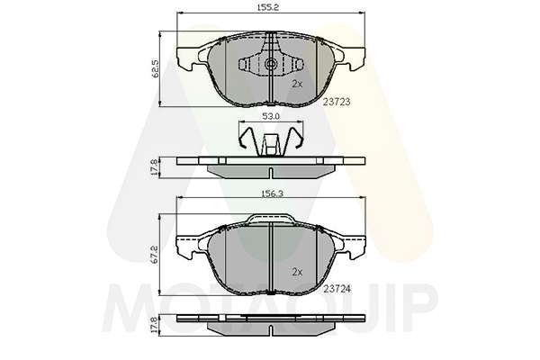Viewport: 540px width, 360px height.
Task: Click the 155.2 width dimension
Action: (268, 7)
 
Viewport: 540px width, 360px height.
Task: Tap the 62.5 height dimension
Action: (155, 68)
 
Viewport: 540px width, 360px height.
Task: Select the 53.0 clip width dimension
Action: (271, 116)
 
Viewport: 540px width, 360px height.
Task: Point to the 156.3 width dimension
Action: (273, 194)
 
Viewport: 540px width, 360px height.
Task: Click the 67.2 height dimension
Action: (155, 255)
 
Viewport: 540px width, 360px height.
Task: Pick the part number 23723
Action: (337, 102)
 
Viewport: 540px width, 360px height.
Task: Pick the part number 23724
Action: (337, 289)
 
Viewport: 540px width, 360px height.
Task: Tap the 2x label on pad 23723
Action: (297, 84)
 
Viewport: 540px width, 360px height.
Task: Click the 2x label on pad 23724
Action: (297, 272)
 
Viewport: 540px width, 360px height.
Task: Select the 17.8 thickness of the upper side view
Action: (155, 167)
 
